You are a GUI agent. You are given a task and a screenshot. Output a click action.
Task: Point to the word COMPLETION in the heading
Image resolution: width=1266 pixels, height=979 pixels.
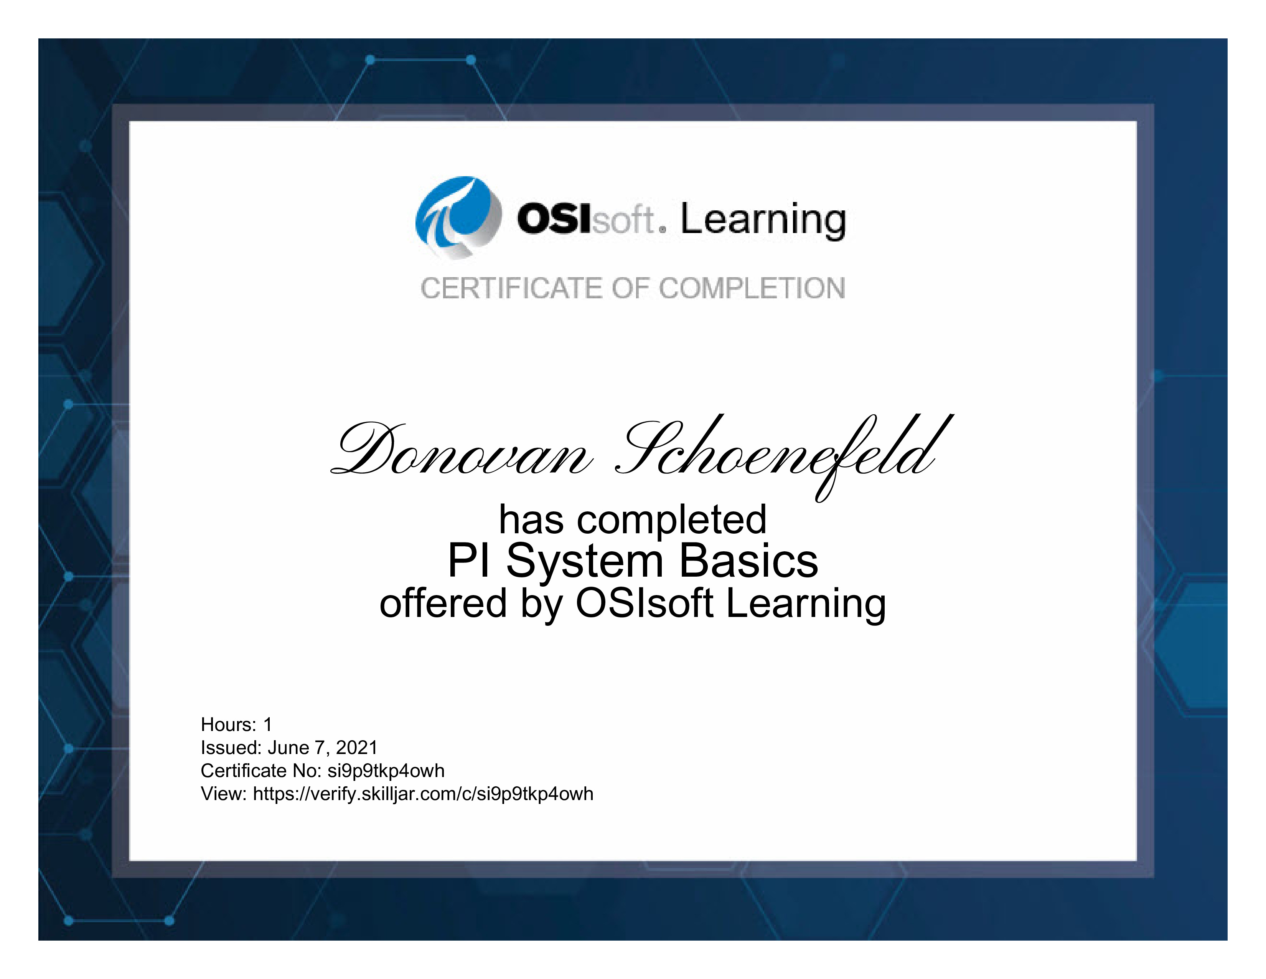(752, 288)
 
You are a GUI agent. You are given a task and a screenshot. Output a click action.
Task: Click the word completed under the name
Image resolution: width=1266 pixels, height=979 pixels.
(672, 520)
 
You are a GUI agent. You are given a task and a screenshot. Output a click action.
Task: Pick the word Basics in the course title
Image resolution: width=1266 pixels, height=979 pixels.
(748, 561)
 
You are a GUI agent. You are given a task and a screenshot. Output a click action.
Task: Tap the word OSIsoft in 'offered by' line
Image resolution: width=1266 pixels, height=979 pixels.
(644, 603)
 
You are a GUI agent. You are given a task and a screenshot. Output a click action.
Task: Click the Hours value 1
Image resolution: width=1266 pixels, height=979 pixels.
(268, 724)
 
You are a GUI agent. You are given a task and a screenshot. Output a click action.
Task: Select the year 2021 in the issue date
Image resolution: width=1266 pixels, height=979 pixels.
(356, 747)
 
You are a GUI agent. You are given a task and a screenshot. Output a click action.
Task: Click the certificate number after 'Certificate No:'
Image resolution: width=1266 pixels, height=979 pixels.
(386, 771)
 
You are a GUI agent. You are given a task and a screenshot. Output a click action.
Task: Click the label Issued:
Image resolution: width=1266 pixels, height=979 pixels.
(231, 747)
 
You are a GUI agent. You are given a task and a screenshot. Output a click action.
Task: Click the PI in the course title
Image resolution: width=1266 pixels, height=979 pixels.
(469, 561)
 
